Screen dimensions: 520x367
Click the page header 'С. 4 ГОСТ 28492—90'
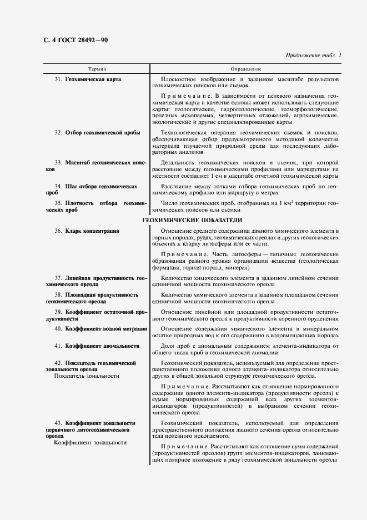75,41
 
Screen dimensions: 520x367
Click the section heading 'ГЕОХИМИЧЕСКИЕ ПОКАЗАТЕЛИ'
192,220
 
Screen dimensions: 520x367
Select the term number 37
58,277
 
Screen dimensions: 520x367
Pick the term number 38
58,294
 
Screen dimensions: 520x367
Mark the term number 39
58,312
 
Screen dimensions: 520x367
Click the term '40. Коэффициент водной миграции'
100,329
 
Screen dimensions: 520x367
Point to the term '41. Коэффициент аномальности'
97,346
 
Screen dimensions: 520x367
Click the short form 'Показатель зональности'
87,376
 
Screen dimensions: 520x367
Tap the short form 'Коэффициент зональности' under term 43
90,443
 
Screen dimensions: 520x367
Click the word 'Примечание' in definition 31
182,96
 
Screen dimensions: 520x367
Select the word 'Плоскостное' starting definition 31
176,79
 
